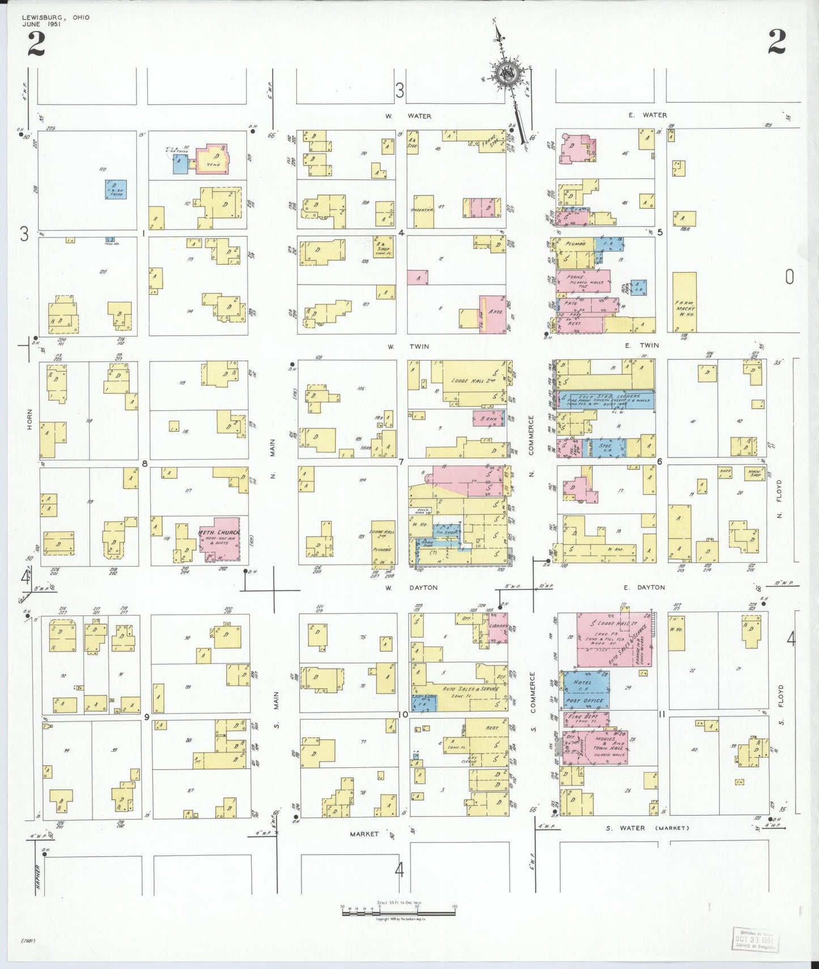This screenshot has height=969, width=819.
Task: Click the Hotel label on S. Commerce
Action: tap(582, 682)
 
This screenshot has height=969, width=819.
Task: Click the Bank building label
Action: tap(488, 419)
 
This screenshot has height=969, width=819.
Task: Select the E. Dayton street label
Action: tap(644, 587)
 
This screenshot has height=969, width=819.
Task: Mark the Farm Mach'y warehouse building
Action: tap(685, 302)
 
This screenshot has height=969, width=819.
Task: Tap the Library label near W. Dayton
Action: tap(498, 626)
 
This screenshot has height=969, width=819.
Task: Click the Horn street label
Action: tap(30, 419)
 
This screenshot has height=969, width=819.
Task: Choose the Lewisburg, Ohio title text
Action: tap(56, 18)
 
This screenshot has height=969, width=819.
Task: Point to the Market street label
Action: tap(364, 834)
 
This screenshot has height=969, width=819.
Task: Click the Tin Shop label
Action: tap(446, 532)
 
